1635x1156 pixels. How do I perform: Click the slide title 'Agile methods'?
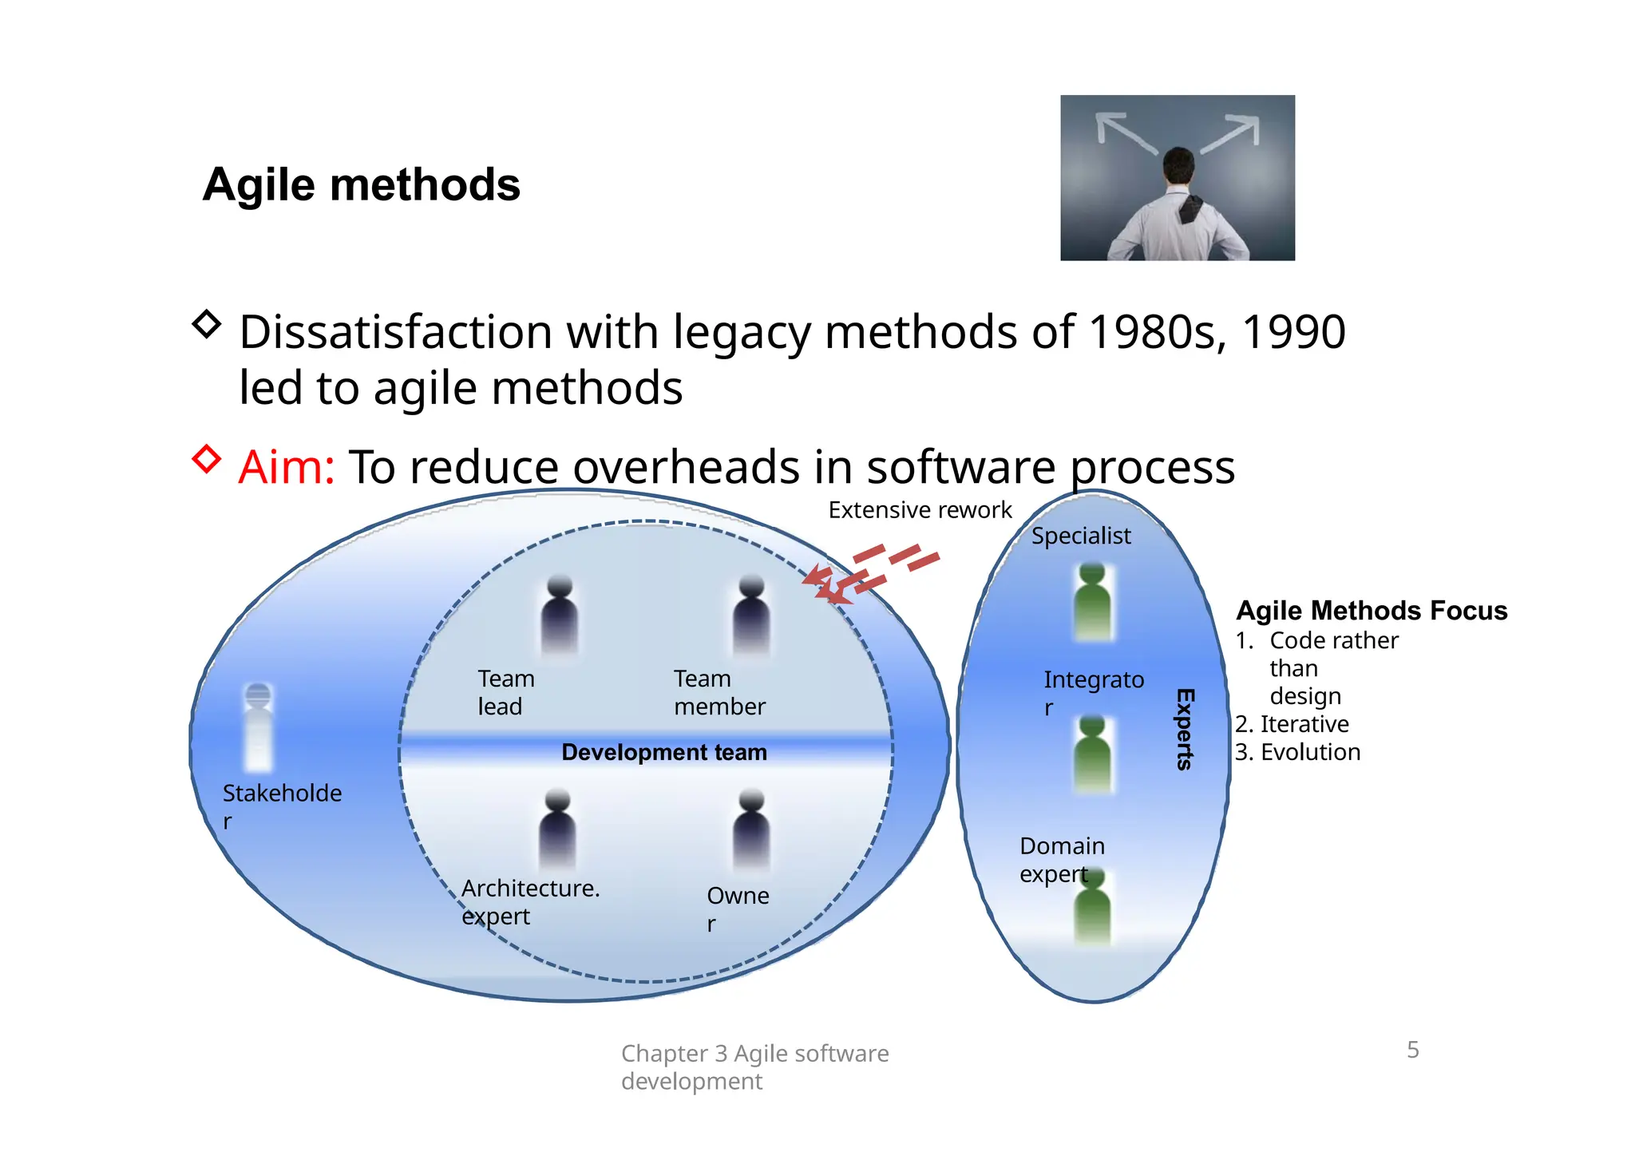click(x=361, y=185)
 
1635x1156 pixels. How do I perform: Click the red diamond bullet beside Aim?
click(x=207, y=459)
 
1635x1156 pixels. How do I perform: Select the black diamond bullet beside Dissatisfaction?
click(x=207, y=324)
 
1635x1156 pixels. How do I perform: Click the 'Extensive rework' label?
click(x=919, y=510)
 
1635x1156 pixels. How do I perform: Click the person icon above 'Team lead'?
click(x=560, y=615)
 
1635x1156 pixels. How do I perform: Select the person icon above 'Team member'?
click(x=751, y=615)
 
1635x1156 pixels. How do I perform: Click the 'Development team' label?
click(x=663, y=752)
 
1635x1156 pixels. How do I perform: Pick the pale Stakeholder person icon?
click(x=258, y=726)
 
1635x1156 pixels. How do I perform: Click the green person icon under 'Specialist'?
click(x=1093, y=603)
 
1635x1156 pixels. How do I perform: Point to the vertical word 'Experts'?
click(x=1185, y=729)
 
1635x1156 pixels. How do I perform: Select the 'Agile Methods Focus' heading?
click(x=1371, y=611)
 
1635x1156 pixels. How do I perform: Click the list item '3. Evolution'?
click(x=1297, y=752)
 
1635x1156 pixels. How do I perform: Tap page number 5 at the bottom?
click(x=1412, y=1050)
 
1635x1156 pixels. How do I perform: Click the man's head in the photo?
click(x=1178, y=164)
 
